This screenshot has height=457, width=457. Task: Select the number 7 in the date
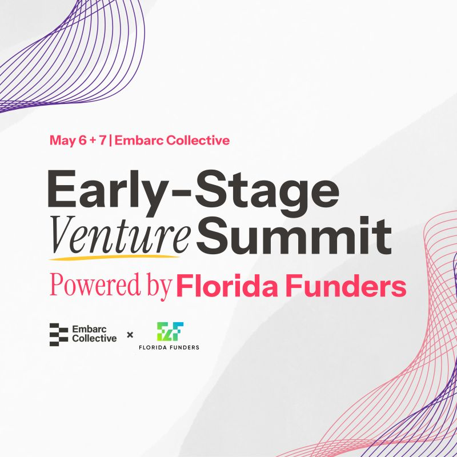102,141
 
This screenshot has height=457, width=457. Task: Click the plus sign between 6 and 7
93,141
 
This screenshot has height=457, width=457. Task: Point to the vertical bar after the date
110,141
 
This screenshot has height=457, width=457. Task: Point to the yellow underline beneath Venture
114,257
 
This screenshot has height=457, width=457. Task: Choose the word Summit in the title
294,235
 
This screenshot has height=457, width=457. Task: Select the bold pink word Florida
227,284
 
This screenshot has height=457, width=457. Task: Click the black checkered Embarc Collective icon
59,334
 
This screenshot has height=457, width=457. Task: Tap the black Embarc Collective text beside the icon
94,334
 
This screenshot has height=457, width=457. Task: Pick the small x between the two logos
130,335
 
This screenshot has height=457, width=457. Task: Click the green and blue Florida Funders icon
170,331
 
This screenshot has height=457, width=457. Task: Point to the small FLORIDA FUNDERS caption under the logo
169,347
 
